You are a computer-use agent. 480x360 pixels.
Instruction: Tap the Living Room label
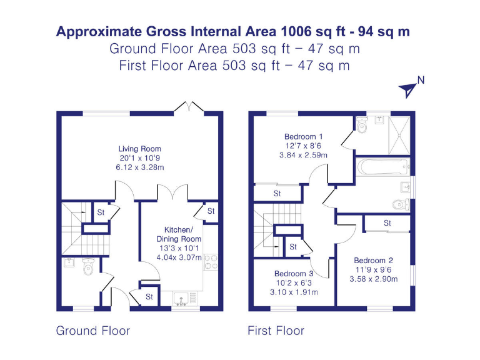(140, 149)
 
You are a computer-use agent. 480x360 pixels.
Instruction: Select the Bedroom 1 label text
(303, 136)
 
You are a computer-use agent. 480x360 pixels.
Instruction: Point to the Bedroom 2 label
(373, 261)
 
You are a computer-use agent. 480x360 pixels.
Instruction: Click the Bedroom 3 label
(294, 274)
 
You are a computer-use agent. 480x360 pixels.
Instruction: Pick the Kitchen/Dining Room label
(179, 234)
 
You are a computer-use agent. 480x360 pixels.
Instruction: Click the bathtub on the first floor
(382, 167)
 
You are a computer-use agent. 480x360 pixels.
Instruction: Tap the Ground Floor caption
(93, 331)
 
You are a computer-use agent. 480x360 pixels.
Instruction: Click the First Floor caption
(276, 331)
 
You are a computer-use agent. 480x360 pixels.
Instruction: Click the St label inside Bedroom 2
(387, 223)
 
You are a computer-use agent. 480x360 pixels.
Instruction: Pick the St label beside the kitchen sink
(149, 297)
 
